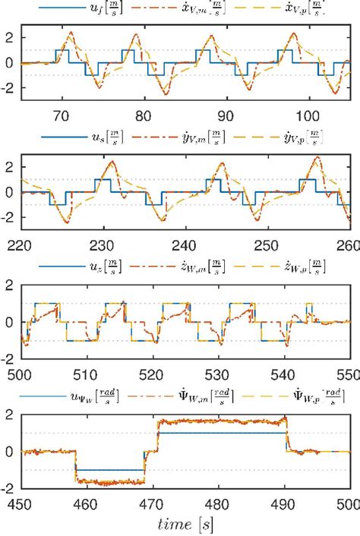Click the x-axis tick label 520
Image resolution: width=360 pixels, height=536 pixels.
click(x=152, y=374)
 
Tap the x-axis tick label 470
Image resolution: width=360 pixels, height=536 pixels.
click(x=152, y=503)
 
